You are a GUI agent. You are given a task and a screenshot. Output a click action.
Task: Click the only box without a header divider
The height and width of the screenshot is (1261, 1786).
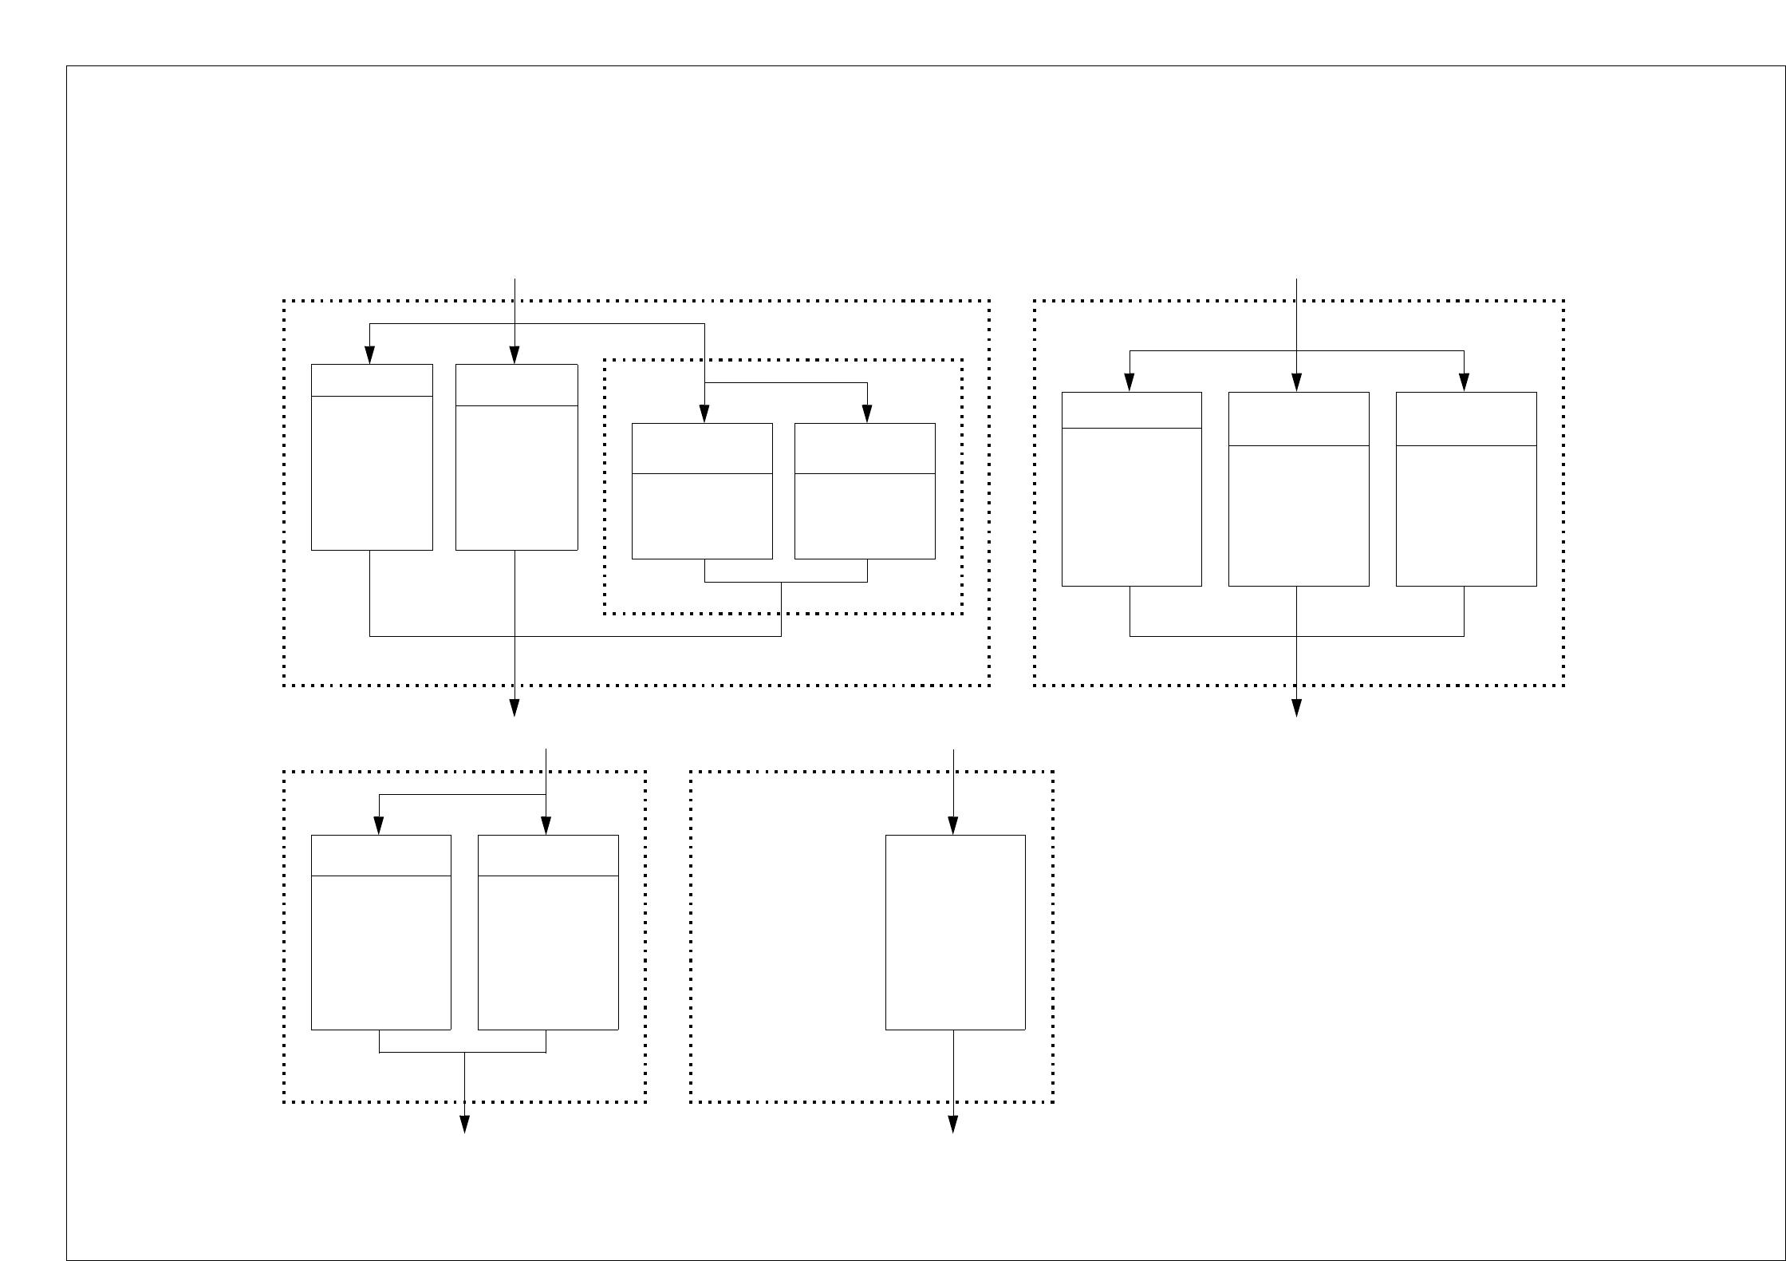point(955,932)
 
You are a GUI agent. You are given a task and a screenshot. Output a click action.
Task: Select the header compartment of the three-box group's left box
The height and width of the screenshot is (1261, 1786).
point(1131,410)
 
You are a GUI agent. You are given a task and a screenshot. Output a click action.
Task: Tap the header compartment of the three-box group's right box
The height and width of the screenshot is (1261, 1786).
point(1465,419)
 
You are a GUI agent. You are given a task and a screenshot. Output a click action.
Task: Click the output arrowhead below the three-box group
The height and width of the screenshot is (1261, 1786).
point(1296,708)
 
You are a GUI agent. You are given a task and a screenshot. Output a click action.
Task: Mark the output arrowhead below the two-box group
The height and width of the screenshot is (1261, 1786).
point(465,1125)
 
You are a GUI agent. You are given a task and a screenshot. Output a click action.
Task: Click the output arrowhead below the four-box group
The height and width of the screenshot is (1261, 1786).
point(515,708)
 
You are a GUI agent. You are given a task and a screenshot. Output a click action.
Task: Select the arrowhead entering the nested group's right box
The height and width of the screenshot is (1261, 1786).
point(868,414)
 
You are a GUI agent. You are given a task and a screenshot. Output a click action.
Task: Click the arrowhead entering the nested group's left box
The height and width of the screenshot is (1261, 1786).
point(704,414)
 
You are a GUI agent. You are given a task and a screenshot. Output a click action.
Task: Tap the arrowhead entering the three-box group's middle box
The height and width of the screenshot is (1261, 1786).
point(1296,383)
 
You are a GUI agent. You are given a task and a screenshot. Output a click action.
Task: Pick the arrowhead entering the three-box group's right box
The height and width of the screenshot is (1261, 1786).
point(1464,383)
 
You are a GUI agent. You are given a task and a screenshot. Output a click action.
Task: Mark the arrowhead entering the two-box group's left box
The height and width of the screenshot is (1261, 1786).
point(379,826)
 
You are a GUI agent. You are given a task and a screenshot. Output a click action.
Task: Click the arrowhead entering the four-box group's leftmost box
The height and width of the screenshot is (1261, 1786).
point(369,355)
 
